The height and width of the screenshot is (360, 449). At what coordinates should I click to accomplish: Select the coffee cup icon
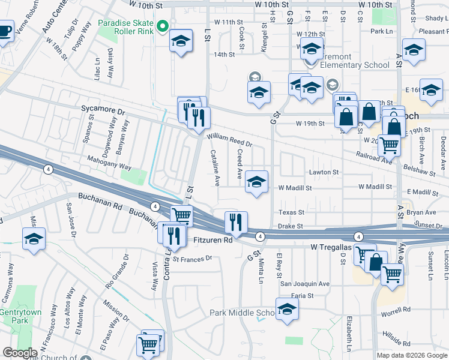[x=5, y=31]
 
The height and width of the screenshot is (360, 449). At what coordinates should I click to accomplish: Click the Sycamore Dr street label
[x=103, y=111]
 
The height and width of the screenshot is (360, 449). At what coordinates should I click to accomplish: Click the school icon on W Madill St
[x=256, y=182]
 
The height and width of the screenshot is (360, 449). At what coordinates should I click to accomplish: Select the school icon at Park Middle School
[x=288, y=310]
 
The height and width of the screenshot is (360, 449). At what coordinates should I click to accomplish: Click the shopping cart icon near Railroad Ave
[x=390, y=144]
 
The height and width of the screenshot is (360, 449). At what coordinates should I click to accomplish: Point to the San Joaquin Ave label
[x=306, y=284]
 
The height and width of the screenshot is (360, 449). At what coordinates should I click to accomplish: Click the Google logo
[x=20, y=353]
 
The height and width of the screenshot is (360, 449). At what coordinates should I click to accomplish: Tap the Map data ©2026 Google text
[x=411, y=355]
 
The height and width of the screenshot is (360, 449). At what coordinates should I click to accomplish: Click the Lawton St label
[x=324, y=172]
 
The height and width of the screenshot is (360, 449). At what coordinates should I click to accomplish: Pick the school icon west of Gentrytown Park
[x=34, y=239]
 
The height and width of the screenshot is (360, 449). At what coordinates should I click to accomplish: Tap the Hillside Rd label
[x=399, y=343]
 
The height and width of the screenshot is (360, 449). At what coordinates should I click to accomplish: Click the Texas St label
[x=292, y=212]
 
